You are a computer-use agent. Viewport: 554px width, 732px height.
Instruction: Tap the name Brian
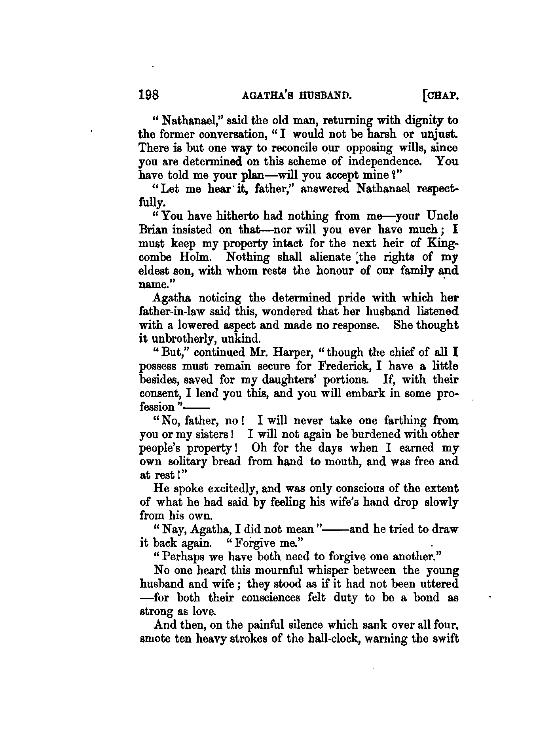(152, 230)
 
